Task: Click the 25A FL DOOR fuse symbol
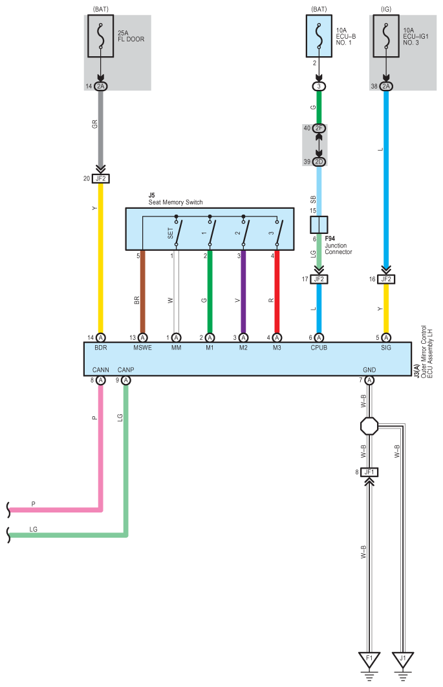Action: click(101, 36)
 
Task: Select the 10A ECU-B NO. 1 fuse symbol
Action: click(319, 36)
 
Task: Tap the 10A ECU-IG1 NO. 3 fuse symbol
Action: click(386, 36)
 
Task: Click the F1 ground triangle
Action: click(369, 660)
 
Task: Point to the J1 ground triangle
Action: click(403, 660)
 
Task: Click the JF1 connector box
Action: click(369, 472)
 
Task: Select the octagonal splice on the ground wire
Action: click(369, 426)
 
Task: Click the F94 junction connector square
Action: click(319, 225)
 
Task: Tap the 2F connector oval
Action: click(319, 129)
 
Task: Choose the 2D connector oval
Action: click(319, 162)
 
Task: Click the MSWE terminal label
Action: click(142, 348)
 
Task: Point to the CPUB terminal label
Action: click(319, 348)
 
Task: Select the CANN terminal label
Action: click(100, 370)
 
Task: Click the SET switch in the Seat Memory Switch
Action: click(177, 231)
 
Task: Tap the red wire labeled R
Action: click(277, 292)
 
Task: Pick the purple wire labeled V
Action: click(243, 292)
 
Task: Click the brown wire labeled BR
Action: click(142, 292)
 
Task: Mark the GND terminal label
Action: click(369, 370)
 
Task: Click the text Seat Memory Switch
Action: click(175, 202)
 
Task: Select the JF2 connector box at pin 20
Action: click(101, 179)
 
